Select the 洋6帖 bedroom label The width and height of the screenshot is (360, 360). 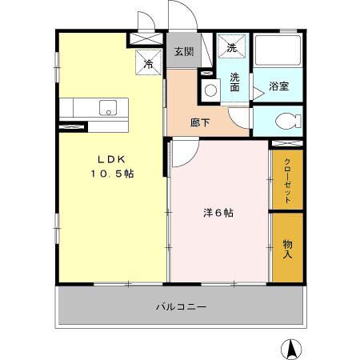click(218, 213)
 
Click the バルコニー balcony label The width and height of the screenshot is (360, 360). click(181, 306)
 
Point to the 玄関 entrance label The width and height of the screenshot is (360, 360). click(183, 52)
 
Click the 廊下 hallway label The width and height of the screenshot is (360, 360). click(200, 122)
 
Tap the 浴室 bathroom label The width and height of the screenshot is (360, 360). click(278, 86)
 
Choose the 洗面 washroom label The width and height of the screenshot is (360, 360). click(236, 82)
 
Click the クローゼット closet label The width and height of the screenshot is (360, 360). click(287, 181)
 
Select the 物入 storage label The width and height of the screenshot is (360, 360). click(287, 249)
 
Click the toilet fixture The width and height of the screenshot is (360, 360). click(286, 121)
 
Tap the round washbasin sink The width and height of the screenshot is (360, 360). click(211, 90)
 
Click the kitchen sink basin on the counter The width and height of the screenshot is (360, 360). click(106, 106)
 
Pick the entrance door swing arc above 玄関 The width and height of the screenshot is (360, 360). click(178, 18)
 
